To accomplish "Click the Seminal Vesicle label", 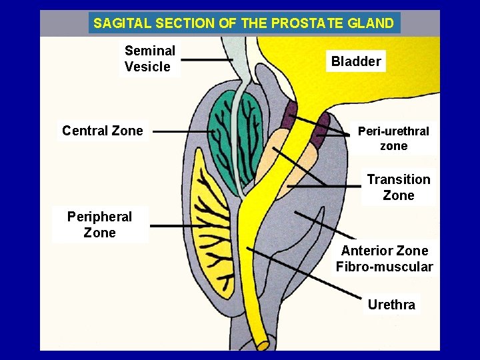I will coord(150,59).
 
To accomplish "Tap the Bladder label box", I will coord(356,61).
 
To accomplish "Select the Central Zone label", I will coord(102,131).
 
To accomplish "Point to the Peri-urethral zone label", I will coord(393,139).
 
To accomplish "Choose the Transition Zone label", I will coord(399,187).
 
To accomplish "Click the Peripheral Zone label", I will coord(99,225).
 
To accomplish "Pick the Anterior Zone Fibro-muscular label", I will coord(384,259).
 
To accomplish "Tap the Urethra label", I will coord(391,305).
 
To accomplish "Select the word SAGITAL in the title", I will coord(122,23).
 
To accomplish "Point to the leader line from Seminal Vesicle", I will coord(207,60).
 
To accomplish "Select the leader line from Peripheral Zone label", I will coord(173,226).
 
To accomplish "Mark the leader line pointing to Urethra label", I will coord(307,273).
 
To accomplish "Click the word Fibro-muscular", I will coord(384,267).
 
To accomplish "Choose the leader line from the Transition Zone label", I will coord(323,187).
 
